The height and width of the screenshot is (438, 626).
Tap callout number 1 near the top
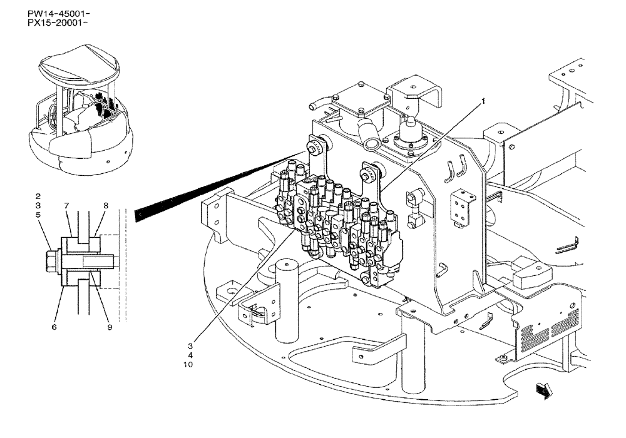(x=483, y=100)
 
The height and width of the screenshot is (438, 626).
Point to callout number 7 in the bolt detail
(x=66, y=205)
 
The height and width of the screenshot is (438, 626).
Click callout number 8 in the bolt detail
(x=106, y=205)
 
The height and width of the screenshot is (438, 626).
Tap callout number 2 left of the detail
(x=38, y=195)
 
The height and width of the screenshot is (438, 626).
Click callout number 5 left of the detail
(x=38, y=215)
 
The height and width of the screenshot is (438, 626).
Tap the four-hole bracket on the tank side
(x=464, y=205)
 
